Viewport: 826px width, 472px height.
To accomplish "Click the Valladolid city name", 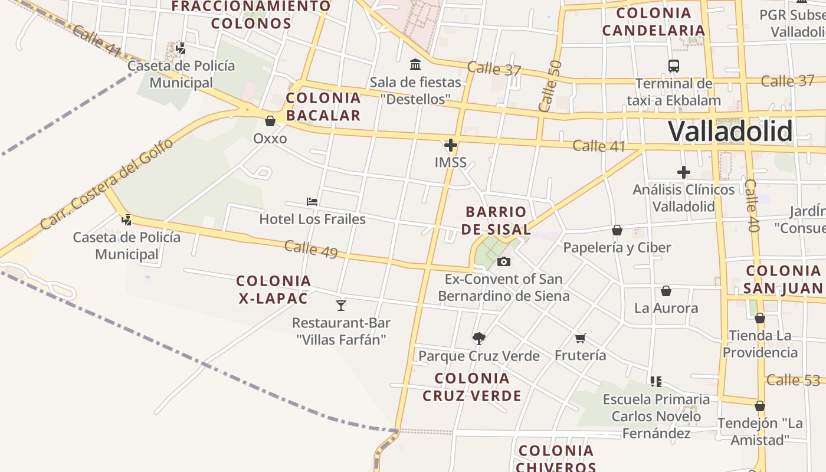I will [x=730, y=131].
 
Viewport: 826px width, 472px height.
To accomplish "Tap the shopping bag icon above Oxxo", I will [x=270, y=121].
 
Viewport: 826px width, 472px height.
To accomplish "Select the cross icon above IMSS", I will [x=451, y=145].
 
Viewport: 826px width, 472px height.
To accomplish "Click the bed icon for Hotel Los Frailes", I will [x=312, y=202].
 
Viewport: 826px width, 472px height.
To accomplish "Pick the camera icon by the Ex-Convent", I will [x=503, y=261].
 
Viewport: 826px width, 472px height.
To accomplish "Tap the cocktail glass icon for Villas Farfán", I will [x=340, y=305].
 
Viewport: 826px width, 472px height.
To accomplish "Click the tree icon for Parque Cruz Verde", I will [x=478, y=338].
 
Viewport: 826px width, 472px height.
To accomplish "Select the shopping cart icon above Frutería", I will [x=581, y=338].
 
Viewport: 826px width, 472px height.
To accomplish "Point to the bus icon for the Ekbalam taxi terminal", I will [x=674, y=66].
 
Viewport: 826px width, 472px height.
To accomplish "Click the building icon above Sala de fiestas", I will [x=415, y=64].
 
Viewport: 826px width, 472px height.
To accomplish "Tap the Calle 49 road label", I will [x=311, y=249].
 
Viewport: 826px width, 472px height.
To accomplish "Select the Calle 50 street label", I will [x=550, y=86].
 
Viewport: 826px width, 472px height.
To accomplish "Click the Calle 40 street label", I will [x=750, y=206].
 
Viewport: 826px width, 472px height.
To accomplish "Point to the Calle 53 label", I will [x=793, y=380].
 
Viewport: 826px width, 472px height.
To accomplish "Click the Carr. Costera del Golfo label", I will [x=107, y=183].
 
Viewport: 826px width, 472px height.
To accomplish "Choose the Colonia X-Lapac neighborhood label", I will [x=274, y=289].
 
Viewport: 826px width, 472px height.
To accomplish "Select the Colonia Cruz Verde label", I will [x=472, y=386].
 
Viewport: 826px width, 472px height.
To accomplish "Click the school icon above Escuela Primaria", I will [x=656, y=382].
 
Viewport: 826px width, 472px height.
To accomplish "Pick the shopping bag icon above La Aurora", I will [x=666, y=291].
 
